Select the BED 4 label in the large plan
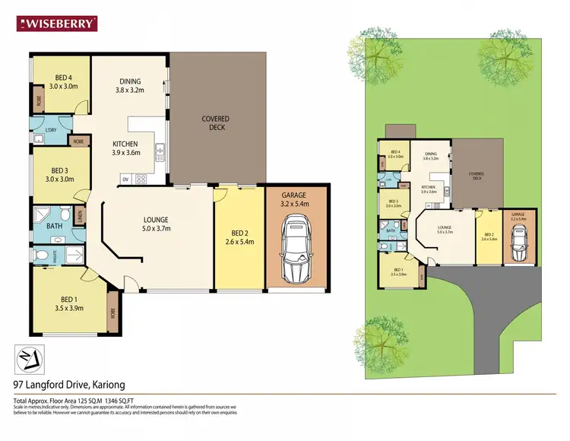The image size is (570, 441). coord(64,81)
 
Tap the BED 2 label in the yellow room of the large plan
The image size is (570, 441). coord(239,237)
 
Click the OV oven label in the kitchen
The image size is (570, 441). coord(125,180)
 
